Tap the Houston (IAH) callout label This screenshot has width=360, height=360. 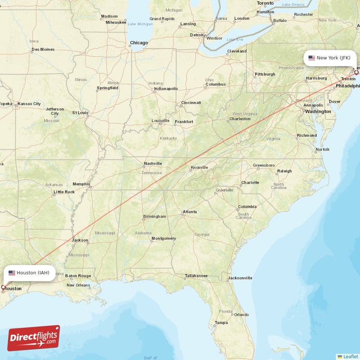tap(29, 273)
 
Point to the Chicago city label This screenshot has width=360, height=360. tap(139, 43)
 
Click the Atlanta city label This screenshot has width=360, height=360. tap(189, 212)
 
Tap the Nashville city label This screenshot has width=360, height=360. tap(153, 164)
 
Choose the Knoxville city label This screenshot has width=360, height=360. tap(199, 168)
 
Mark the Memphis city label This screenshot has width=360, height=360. tap(81, 184)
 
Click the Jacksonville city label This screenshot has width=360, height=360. tap(239, 278)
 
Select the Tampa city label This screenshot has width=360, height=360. tap(221, 323)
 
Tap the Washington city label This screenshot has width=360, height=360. tap(318, 112)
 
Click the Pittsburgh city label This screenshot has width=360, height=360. tap(265, 74)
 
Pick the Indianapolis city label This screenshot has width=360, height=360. tap(166, 89)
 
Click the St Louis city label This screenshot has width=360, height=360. tap(81, 113)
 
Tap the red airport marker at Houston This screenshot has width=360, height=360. tap(3, 287)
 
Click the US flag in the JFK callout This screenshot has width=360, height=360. tap(311, 58)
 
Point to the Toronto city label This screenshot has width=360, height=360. tap(265, 3)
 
